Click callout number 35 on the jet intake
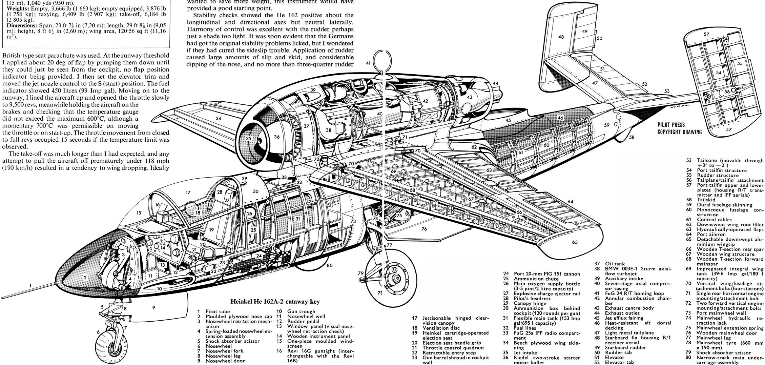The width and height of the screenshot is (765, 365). (249, 139)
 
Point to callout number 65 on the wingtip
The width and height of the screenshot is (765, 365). (575, 242)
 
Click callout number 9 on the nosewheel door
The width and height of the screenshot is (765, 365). (153, 308)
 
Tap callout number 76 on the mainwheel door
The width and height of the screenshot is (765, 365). (424, 229)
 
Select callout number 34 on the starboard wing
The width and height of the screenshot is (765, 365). (219, 118)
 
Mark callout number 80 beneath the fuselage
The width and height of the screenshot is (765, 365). (330, 265)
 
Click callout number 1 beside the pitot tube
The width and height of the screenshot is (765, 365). (31, 285)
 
